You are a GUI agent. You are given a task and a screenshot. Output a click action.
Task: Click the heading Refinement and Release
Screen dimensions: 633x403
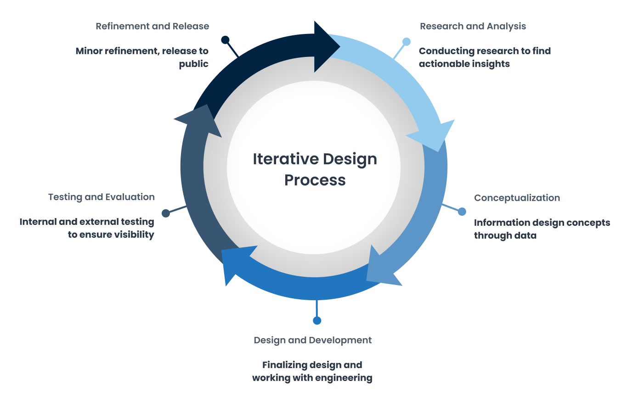tap(153, 26)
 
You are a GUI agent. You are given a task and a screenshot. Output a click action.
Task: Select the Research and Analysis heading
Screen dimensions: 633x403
tap(473, 26)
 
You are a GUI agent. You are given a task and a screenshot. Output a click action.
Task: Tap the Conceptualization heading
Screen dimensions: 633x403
tap(517, 198)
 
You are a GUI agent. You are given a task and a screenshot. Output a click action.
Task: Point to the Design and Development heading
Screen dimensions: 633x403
tap(312, 340)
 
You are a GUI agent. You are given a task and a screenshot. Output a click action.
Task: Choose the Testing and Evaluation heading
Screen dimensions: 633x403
tap(102, 197)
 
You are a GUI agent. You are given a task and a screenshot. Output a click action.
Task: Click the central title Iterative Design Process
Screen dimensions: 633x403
tap(315, 169)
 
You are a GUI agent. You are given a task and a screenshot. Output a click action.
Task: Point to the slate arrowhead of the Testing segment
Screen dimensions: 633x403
tap(201, 120)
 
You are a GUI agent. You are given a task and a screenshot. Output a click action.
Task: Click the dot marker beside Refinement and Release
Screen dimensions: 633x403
tap(225, 40)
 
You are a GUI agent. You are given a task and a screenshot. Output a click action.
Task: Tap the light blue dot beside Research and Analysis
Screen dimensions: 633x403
tap(407, 41)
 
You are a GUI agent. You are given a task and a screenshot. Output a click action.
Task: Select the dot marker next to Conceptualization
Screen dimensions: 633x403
tap(462, 212)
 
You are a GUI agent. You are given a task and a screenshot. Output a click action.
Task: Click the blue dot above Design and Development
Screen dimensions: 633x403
tap(317, 320)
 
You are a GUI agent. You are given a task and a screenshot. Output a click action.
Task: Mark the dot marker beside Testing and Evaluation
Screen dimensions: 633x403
tap(166, 213)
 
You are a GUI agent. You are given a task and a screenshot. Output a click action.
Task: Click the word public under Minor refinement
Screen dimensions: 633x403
tap(193, 64)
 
